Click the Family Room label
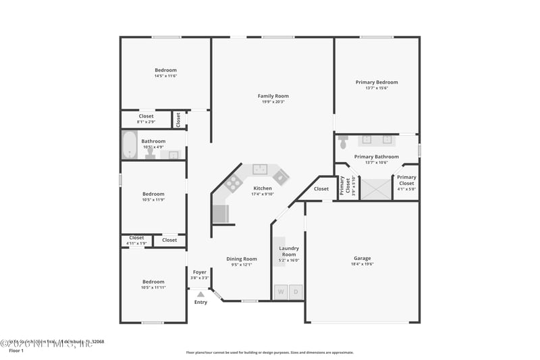pyautogui.click(x=273, y=96)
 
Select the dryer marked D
pyautogui.click(x=296, y=292)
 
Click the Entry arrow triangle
pyautogui.click(x=200, y=294)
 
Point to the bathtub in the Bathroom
pyautogui.click(x=129, y=145)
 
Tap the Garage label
pyautogui.click(x=362, y=258)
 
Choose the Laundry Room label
pyautogui.click(x=289, y=251)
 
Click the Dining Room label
pyautogui.click(x=241, y=259)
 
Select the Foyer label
pyautogui.click(x=200, y=272)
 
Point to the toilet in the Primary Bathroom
pyautogui.click(x=343, y=142)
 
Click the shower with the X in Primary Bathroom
pyautogui.click(x=375, y=188)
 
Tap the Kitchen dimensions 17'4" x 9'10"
pyautogui.click(x=263, y=195)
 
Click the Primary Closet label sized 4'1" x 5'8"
pyautogui.click(x=406, y=180)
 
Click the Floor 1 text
pyautogui.click(x=16, y=351)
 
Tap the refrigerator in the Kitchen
pyautogui.click(x=220, y=214)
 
